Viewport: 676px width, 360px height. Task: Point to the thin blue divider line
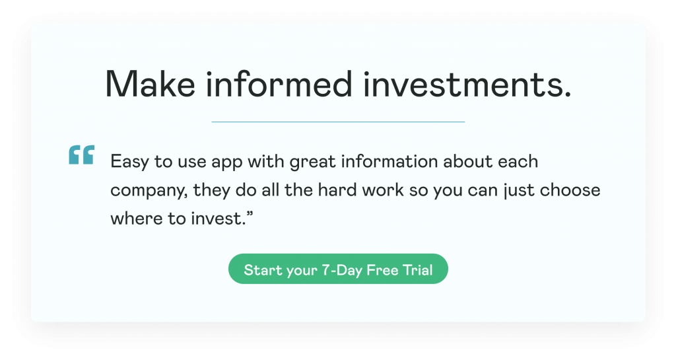(x=338, y=122)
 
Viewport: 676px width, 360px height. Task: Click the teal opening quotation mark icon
(x=81, y=155)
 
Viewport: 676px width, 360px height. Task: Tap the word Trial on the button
(x=419, y=270)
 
